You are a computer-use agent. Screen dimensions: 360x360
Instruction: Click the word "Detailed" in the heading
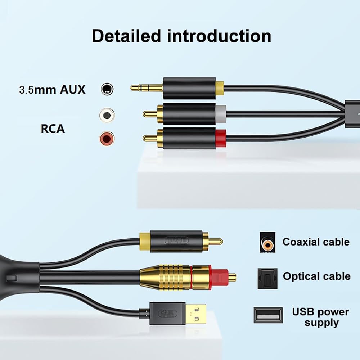point(126,36)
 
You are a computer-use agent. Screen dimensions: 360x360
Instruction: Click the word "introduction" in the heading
point(219,36)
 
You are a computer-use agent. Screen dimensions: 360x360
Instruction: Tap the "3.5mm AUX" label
point(52,89)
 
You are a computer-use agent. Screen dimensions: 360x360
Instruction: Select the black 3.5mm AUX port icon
point(107,89)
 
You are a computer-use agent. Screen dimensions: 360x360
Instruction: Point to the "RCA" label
point(53,129)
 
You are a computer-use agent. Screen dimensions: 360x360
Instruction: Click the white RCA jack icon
point(107,115)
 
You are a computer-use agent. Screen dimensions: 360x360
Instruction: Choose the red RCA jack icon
point(107,138)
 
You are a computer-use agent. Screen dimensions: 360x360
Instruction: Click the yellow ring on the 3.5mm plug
point(220,89)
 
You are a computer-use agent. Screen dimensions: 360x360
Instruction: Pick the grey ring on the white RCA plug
point(221,114)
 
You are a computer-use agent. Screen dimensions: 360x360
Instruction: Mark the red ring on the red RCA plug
point(221,138)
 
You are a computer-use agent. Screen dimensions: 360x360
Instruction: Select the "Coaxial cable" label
point(316,242)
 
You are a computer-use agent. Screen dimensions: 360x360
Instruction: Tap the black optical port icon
point(267,278)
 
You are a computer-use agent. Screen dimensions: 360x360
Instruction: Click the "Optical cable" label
point(316,276)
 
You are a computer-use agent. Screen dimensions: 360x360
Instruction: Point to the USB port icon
point(268,315)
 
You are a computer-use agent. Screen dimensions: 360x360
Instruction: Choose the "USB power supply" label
point(321,317)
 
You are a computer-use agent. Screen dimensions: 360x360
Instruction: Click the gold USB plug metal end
point(195,314)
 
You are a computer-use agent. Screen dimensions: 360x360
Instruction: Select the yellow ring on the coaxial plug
point(145,241)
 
